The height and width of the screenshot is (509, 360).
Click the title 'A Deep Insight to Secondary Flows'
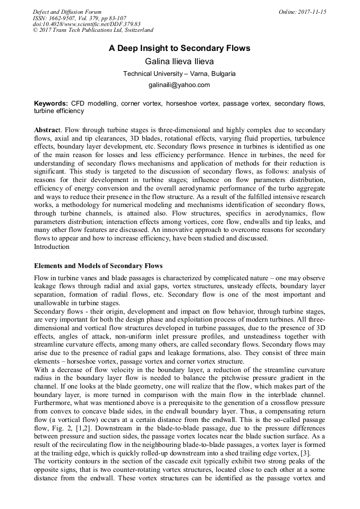coord(179,48)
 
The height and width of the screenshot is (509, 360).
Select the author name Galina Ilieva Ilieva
coord(179,62)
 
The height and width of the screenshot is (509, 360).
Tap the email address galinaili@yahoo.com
coord(179,85)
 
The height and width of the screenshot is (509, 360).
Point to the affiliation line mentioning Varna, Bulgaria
coord(179,74)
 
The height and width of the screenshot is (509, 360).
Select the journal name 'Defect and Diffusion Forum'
coord(67,12)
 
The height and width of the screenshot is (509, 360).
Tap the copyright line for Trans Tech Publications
coord(93,31)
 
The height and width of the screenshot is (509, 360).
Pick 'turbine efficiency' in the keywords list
coord(59,111)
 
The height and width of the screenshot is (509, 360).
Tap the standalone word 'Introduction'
coord(52,247)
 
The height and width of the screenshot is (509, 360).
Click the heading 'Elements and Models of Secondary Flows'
coord(98,265)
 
